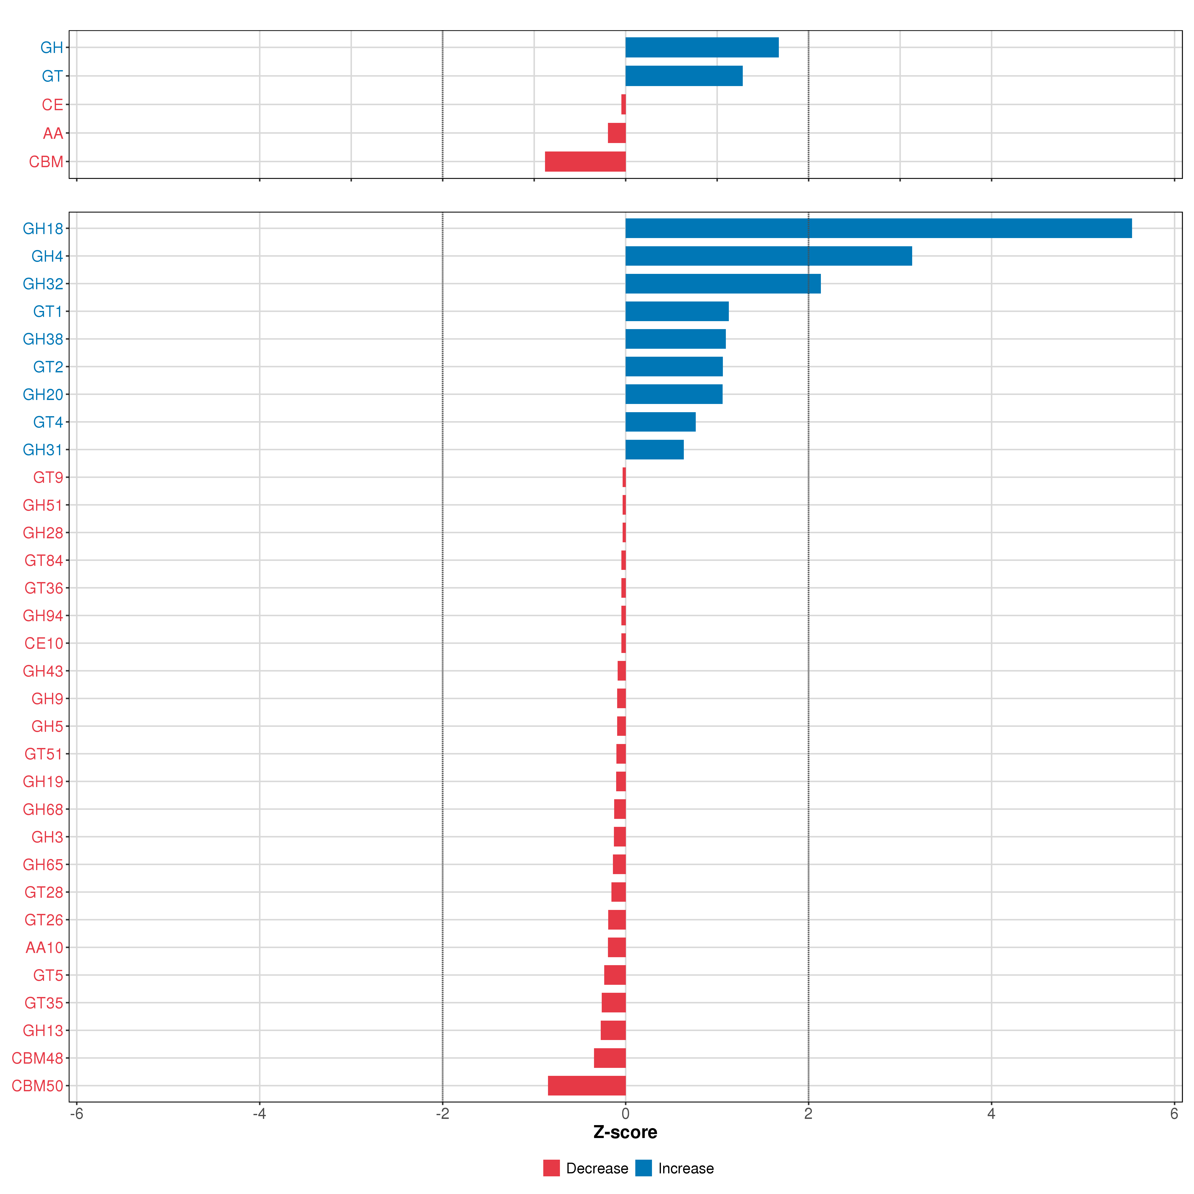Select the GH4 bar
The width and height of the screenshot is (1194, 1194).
click(768, 256)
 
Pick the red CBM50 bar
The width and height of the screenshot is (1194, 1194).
click(587, 1086)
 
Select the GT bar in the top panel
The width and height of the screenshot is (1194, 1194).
click(684, 76)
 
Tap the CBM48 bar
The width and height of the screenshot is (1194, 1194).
click(609, 1058)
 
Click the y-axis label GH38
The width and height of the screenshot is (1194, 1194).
click(43, 339)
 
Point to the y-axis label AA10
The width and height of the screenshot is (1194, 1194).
click(44, 947)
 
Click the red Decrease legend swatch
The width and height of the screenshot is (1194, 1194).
click(551, 1168)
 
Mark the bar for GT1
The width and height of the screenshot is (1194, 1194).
click(677, 311)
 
